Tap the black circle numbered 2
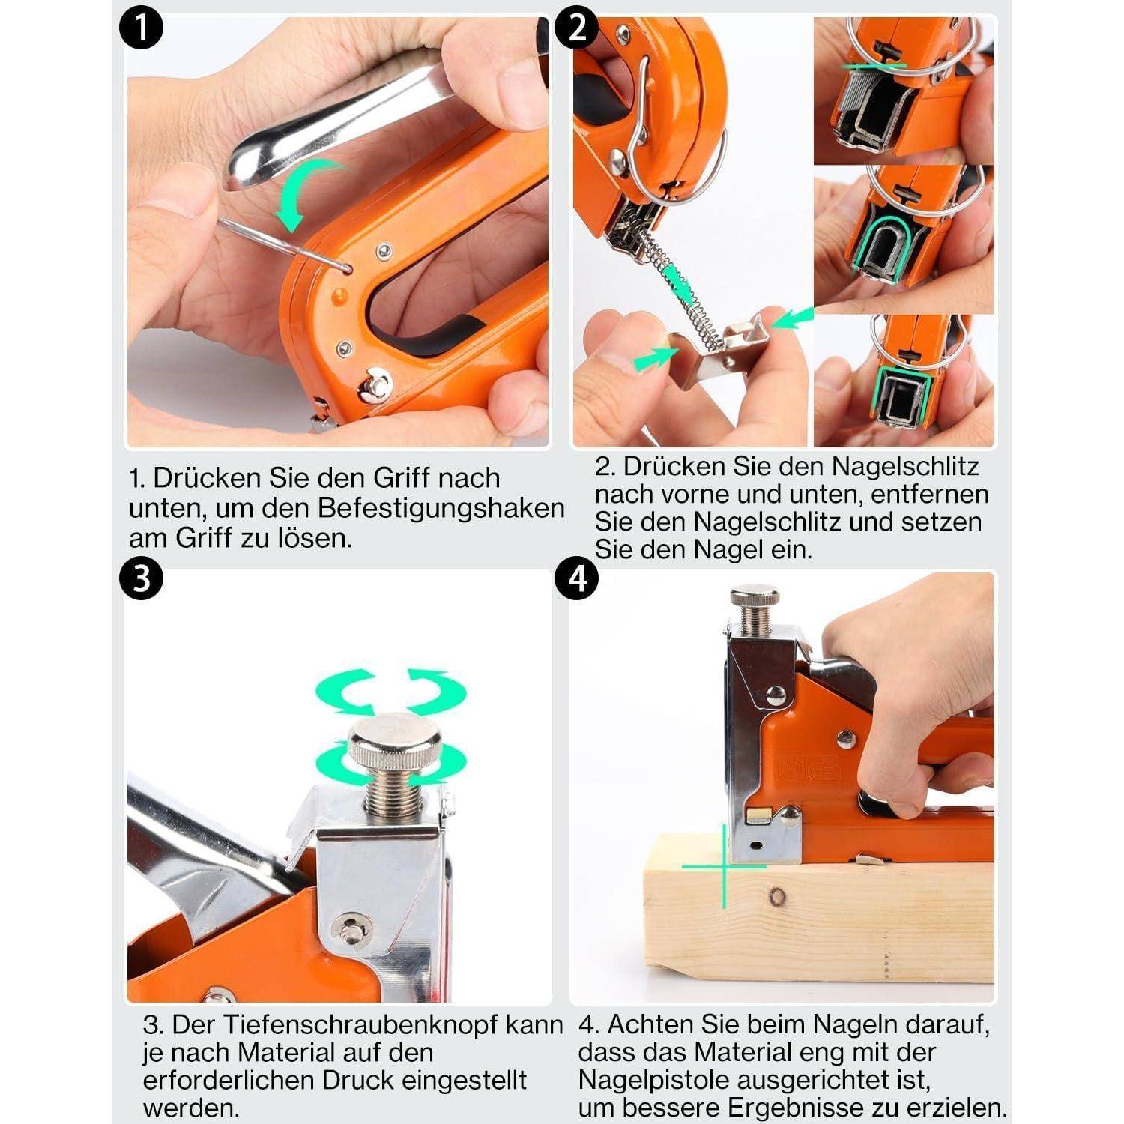coord(577,29)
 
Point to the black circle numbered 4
coord(577,578)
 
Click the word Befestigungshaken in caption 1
coord(441,509)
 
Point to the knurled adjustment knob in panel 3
coord(395,742)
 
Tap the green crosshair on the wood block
coord(724,867)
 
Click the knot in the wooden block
coord(778,895)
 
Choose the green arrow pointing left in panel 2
coord(794,318)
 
